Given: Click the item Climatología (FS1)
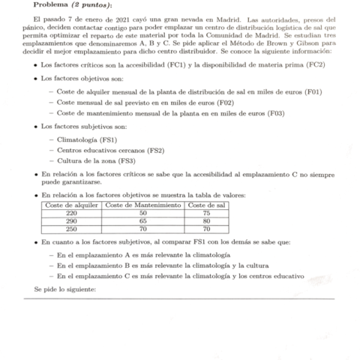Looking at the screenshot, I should pos(87,139).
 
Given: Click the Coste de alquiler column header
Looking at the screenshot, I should pos(72,205).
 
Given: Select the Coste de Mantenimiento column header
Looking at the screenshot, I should pos(142,205).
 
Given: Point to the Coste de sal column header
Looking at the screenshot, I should pos(205,205).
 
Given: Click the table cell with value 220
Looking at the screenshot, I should pos(72,214).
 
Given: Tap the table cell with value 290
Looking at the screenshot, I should pos(72,222).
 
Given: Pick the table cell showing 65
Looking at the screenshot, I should pos(142,222).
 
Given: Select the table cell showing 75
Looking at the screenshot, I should pos(205,214).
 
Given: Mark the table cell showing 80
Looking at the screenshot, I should pos(205,222).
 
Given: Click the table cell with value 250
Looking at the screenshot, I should pos(72,230).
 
